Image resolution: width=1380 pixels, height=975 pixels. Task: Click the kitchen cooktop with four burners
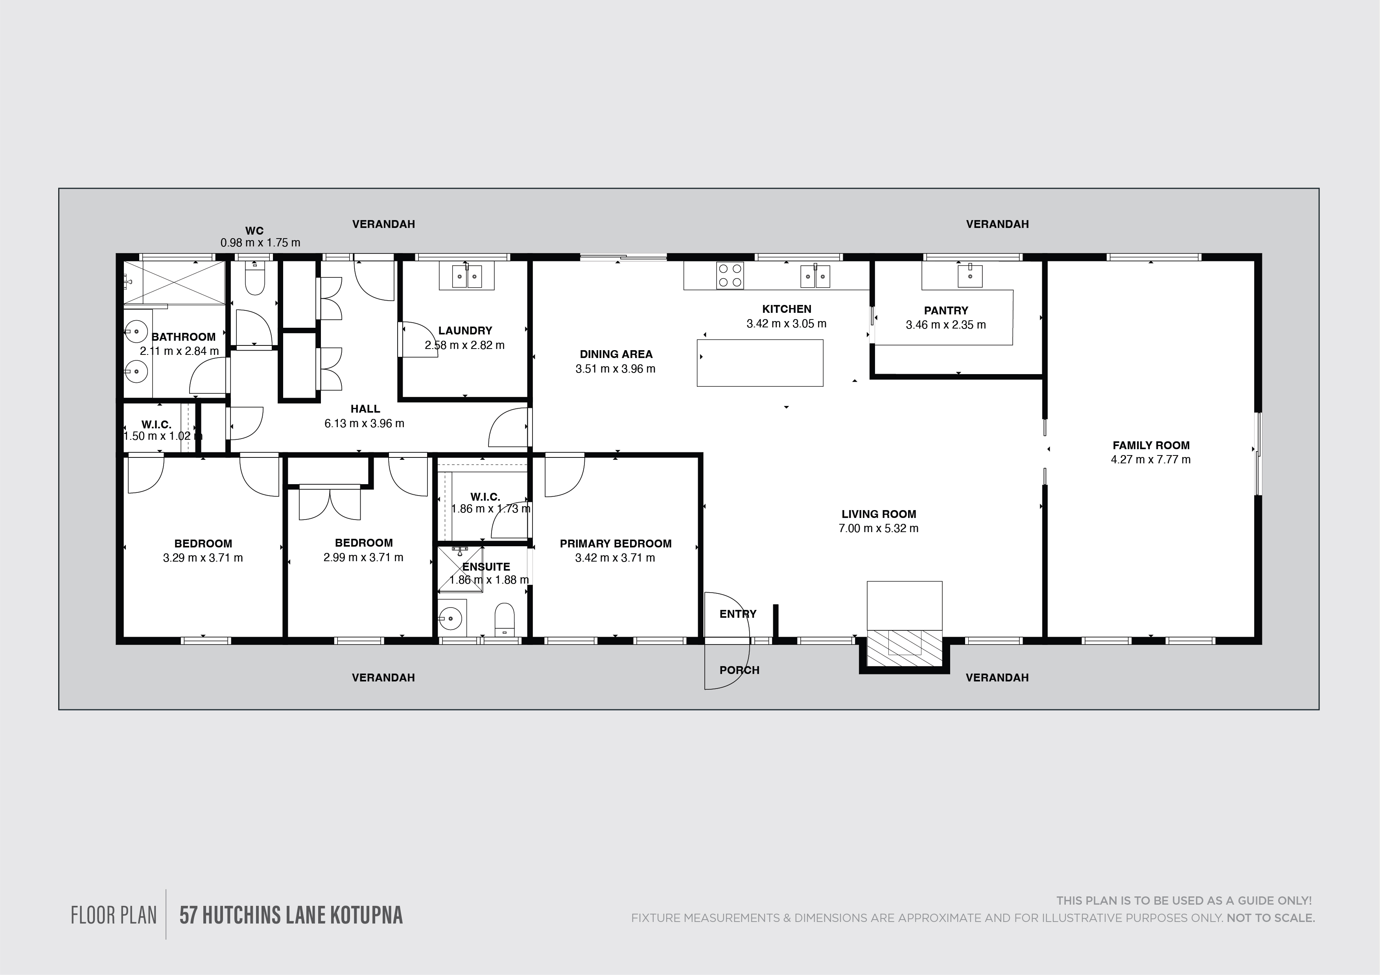[730, 276]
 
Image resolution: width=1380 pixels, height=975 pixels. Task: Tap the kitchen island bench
[760, 362]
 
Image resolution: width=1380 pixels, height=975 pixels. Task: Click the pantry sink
[969, 276]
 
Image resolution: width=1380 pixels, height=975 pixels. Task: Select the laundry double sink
[466, 276]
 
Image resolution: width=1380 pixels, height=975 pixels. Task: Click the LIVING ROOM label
[879, 514]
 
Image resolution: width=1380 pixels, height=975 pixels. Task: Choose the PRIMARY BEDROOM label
[615, 544]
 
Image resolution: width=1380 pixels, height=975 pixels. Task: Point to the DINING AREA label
[616, 354]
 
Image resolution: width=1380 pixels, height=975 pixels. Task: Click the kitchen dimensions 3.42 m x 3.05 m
[786, 324]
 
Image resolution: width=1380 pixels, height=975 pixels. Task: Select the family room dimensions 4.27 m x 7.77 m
[1150, 459]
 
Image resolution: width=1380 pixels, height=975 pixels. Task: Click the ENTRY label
[738, 614]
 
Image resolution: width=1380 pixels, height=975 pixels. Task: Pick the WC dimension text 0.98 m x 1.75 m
[260, 243]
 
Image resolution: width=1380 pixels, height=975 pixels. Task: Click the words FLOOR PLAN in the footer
[114, 916]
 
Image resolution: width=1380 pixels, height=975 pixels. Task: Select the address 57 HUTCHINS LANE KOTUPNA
[291, 916]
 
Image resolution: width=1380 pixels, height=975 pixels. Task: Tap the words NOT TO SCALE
[1271, 918]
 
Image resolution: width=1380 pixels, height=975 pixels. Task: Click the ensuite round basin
[450, 617]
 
